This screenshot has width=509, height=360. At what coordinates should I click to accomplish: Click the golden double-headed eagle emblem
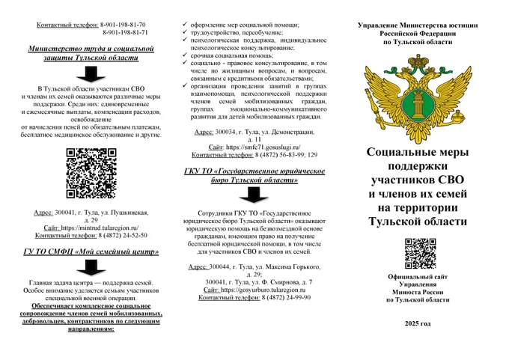pos(418,94)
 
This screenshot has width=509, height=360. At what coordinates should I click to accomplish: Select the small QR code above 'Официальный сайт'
pos(418,254)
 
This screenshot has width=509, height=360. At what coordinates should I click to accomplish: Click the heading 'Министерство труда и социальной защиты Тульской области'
pos(92,52)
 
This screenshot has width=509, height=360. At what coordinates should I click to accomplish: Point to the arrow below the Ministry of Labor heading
pos(92,73)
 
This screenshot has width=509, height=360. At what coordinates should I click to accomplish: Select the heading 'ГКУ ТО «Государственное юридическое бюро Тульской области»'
pos(254,176)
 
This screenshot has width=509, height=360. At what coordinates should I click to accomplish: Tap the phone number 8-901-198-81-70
pos(123,25)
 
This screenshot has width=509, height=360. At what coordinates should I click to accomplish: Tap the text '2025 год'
pos(418,323)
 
